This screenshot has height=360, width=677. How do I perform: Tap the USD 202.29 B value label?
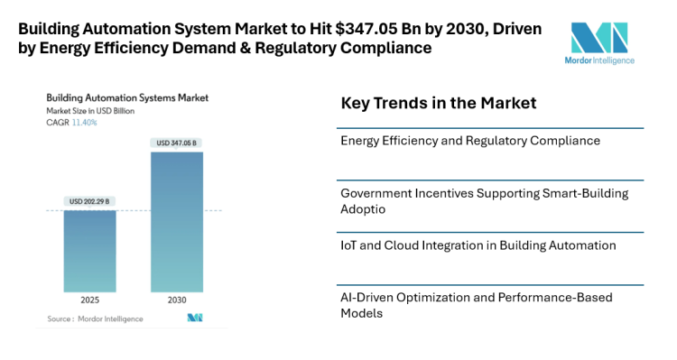(x=89, y=201)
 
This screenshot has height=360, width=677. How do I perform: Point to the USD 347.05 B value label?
(x=177, y=143)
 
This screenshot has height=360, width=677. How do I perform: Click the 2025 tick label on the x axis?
(x=89, y=300)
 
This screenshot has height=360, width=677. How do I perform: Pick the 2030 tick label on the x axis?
(x=177, y=300)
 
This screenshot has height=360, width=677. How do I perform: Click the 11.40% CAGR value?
(x=85, y=122)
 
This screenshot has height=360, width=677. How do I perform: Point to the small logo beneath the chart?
(x=195, y=318)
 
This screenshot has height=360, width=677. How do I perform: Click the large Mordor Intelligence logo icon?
(x=598, y=38)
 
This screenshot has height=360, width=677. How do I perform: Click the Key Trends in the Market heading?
(x=438, y=104)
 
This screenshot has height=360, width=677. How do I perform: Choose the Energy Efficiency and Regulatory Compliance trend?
(x=470, y=141)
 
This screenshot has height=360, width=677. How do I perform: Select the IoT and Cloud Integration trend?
(x=478, y=245)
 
